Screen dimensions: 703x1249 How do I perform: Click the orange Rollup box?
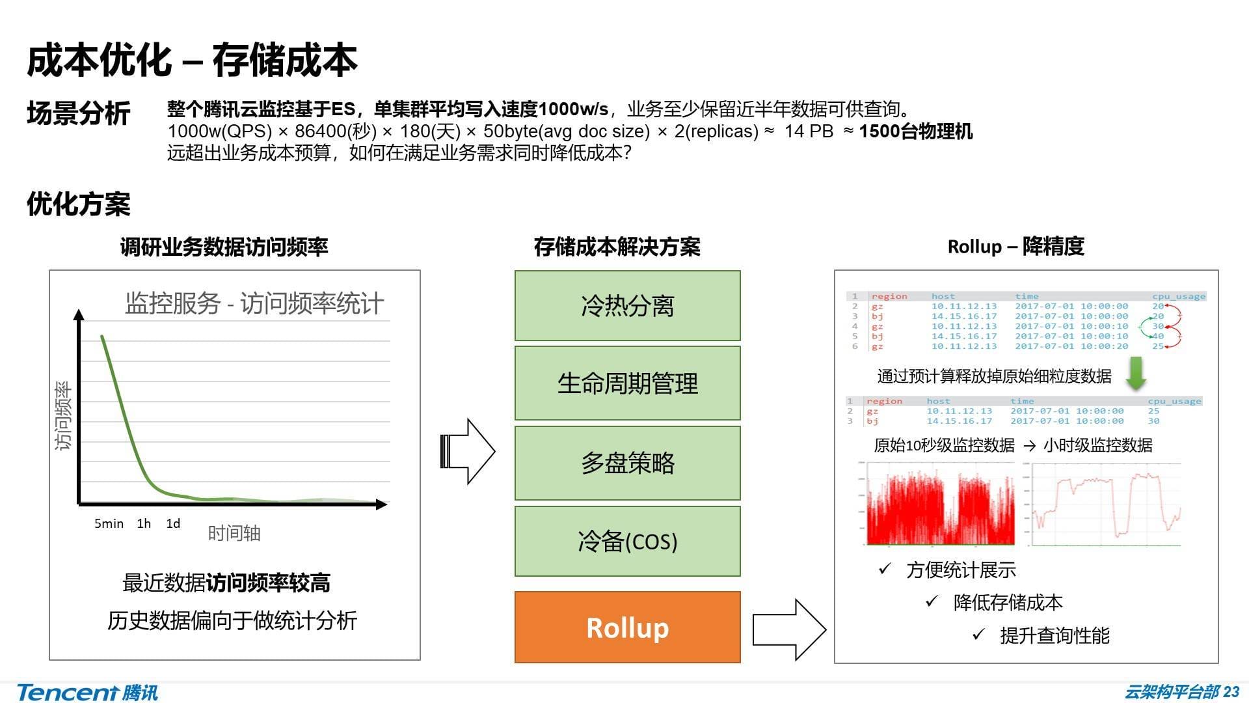coord(627,627)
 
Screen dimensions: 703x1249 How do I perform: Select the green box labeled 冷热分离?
coord(627,305)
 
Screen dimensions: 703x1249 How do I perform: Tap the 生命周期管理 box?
coord(627,383)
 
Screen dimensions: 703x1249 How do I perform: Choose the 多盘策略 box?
coord(627,463)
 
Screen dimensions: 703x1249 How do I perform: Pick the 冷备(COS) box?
coord(627,541)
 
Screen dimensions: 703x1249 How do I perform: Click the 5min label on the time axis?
coord(109,524)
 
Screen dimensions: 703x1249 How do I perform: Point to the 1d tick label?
coord(173,524)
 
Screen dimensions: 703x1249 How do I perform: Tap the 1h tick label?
coord(144,524)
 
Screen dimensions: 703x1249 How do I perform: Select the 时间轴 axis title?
coord(234,534)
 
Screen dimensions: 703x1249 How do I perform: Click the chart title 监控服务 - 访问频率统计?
coord(254,304)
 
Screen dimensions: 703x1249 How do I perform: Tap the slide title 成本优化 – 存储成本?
coord(192,61)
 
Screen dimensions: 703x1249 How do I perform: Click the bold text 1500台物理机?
coord(915,131)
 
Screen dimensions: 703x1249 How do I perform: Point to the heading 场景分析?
coord(79,113)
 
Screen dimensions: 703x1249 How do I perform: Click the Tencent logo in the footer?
coord(87,692)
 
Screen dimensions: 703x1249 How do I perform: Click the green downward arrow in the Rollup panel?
coord(1136,373)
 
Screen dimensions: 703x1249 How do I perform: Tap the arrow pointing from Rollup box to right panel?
coord(789,629)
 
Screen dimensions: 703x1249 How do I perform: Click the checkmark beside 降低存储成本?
coord(932,601)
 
